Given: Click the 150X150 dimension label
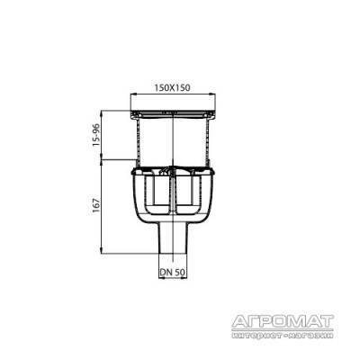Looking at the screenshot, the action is (173, 87).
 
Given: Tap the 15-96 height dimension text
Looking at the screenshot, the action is (96, 135).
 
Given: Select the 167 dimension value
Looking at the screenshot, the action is (96, 205).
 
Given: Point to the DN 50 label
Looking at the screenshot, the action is (172, 272).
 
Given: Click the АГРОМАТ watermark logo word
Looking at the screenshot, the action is (283, 321).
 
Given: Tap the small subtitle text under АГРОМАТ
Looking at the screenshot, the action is (283, 335).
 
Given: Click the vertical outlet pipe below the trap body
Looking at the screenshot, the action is (173, 238).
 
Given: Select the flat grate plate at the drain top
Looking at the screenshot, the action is (173, 113).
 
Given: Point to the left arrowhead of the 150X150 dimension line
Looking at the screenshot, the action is (132, 94).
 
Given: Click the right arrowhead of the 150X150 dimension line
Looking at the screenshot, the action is (213, 94).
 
